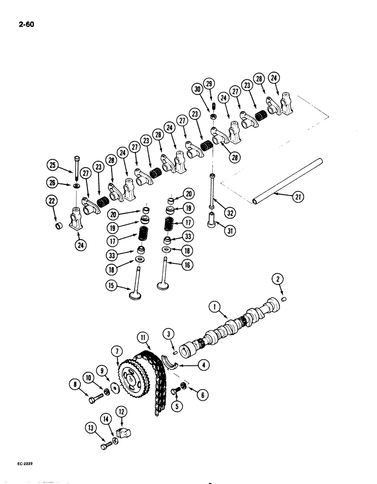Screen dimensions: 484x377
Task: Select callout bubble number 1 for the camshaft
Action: point(213,306)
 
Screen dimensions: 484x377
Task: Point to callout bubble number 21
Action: point(298,196)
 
